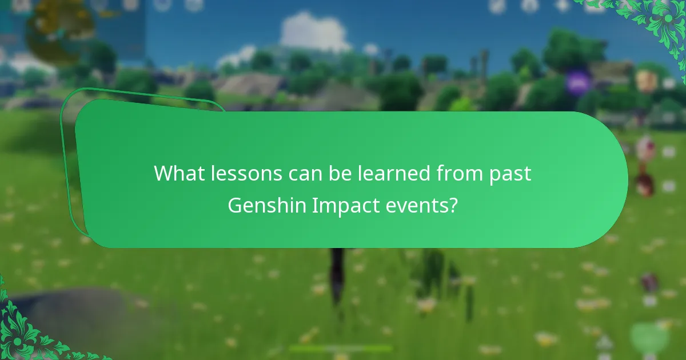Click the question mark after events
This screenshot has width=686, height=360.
click(453, 205)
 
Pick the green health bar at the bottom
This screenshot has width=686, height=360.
click(341, 348)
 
